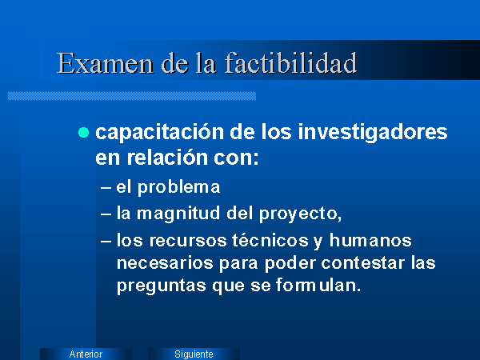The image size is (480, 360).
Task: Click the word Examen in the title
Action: [106, 63]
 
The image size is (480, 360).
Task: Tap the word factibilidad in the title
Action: [291, 62]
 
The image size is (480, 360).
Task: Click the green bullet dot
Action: [83, 133]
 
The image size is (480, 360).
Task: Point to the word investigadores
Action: [373, 133]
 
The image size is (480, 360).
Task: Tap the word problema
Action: [178, 188]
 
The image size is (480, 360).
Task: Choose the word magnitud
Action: [178, 214]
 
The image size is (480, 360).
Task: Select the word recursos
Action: [188, 240]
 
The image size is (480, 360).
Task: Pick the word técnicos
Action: [270, 240]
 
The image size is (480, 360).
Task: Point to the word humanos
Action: [370, 240]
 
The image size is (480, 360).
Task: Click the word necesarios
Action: [165, 263]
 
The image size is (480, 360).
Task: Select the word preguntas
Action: [162, 286]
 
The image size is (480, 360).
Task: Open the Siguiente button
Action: [194, 354]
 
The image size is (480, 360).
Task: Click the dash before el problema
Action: [106, 188]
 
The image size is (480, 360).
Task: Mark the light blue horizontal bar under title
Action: [132, 96]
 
